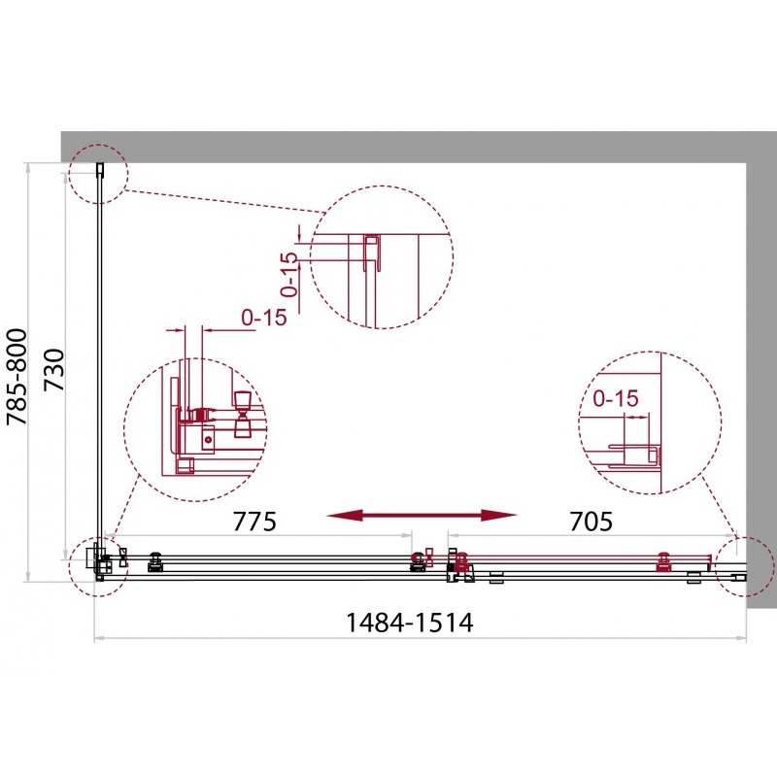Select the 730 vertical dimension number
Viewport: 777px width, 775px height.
pyautogui.click(x=54, y=370)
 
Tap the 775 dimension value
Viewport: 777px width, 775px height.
pyautogui.click(x=254, y=522)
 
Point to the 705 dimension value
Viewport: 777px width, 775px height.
pyautogui.click(x=591, y=522)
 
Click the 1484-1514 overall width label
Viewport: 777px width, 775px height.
pyautogui.click(x=409, y=623)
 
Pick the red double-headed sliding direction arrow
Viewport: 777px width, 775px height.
pyautogui.click(x=422, y=516)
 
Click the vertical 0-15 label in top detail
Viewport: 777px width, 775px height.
pyautogui.click(x=289, y=275)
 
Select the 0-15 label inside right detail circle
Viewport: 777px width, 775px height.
pyautogui.click(x=616, y=398)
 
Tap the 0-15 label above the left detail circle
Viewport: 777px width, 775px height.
pyautogui.click(x=264, y=318)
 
